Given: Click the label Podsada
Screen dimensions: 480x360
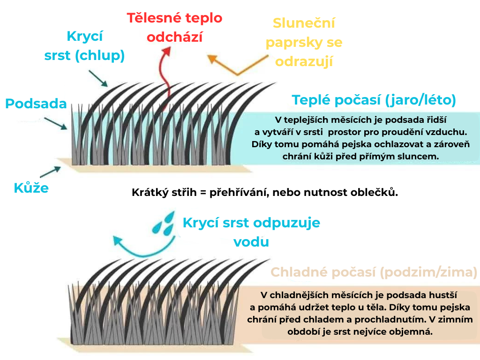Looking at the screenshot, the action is coord(36,103).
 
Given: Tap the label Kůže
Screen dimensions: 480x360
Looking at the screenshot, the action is coord(31,189).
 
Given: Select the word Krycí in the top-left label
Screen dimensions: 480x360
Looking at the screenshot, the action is coord(84,36).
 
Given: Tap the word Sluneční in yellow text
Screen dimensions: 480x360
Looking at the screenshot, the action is coord(304,23).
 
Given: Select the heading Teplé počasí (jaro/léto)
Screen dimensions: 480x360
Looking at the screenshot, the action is coord(374,100).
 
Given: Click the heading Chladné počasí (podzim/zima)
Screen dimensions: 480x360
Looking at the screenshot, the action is coord(374,272).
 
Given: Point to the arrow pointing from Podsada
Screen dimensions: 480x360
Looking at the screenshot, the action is coord(55,123).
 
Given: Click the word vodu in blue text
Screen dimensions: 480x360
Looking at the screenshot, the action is coord(251,242).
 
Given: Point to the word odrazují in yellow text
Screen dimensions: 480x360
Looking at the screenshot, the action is coord(304,61).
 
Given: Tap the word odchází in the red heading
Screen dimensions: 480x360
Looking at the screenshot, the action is coord(175,37).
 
